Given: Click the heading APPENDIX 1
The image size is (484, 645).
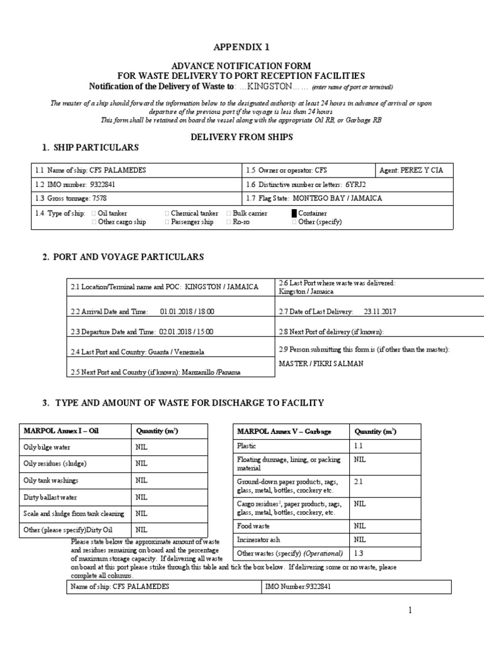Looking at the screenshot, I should [x=242, y=47].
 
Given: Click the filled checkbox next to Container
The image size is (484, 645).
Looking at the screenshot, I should [x=294, y=214].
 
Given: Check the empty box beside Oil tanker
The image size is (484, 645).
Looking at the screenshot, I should [x=94, y=214].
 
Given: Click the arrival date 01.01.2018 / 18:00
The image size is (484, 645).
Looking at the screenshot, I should [x=187, y=311].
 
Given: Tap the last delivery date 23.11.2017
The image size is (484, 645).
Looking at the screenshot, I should [x=380, y=311].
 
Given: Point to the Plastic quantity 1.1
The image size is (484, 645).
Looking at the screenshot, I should [x=359, y=446].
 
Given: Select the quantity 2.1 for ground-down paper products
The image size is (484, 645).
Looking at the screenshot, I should [x=359, y=481].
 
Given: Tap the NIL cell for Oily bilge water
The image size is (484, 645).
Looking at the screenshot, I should [x=141, y=447].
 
